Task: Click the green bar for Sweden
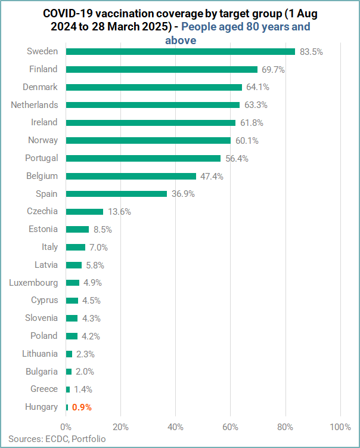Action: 180,52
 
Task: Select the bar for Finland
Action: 161,69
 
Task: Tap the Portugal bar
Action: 143,158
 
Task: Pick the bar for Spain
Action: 116,194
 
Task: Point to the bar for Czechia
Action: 84,212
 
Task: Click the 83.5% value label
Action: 311,52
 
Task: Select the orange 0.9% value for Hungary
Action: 82,407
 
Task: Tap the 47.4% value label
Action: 212,177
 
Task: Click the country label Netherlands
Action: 35,105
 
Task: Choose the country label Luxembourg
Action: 33,282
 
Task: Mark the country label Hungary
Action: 41,407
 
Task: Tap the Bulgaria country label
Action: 41,371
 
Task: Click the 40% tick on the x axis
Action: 175,427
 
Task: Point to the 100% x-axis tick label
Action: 340,427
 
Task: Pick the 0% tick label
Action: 66,427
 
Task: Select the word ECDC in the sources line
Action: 55,438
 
